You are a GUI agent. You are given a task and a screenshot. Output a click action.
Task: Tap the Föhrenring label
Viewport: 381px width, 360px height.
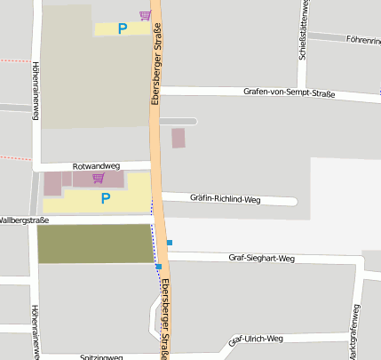pyautogui.click(x=363, y=40)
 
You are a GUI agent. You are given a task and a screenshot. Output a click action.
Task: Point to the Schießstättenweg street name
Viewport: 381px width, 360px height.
pyautogui.click(x=304, y=32)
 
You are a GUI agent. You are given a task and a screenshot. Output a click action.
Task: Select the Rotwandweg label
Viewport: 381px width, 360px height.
pyautogui.click(x=95, y=165)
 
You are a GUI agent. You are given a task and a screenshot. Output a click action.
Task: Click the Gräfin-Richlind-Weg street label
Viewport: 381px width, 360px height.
pyautogui.click(x=224, y=199)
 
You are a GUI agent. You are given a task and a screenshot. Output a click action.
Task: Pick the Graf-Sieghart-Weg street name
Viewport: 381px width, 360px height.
pyautogui.click(x=261, y=259)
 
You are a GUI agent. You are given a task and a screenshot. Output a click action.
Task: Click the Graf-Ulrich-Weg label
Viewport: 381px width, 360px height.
pyautogui.click(x=256, y=340)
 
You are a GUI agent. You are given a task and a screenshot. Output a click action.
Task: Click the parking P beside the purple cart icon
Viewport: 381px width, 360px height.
pyautogui.click(x=123, y=28)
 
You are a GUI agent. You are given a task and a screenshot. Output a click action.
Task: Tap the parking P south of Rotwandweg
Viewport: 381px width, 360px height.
pyautogui.click(x=106, y=198)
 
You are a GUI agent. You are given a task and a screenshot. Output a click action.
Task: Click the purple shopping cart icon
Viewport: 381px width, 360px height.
pyautogui.click(x=145, y=15)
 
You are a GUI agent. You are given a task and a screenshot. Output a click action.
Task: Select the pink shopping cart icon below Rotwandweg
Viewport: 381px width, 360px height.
pyautogui.click(x=98, y=178)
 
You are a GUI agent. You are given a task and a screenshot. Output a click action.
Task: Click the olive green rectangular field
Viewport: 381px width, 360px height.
pyautogui.click(x=95, y=244)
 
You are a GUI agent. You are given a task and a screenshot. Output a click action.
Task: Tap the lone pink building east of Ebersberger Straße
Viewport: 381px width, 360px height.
pyautogui.click(x=179, y=138)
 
